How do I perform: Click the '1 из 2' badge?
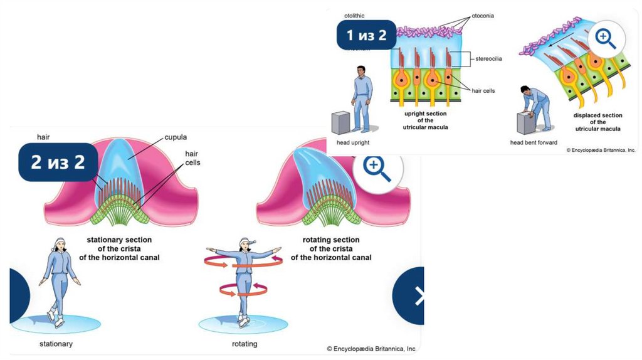367,35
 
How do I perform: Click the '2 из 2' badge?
57,162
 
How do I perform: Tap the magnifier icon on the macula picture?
606,38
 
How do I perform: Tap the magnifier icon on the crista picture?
373,166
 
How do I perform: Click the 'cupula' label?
176,137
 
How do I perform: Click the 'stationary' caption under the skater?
56,344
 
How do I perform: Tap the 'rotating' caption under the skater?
244,344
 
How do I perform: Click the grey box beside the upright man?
340,123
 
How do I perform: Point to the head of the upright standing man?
362,71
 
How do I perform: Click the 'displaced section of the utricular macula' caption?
597,122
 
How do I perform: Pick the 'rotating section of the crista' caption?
331,248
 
